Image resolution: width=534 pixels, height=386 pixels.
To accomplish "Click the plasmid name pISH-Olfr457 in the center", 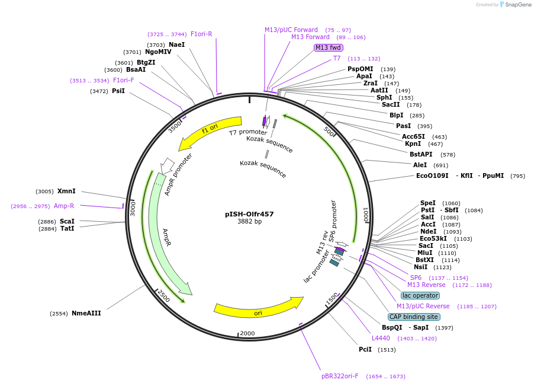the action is [x=249, y=214].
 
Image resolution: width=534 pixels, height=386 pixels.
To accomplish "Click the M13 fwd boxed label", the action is [x=329, y=47].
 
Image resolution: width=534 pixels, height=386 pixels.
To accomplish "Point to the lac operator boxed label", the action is [x=420, y=295].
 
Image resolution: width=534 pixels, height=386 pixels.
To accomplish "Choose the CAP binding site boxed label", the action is [x=414, y=317].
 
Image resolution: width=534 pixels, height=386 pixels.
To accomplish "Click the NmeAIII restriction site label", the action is [x=86, y=313].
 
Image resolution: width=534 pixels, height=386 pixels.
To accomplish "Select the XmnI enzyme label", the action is [x=66, y=191].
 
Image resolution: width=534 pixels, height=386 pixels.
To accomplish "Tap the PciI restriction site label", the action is [x=365, y=349].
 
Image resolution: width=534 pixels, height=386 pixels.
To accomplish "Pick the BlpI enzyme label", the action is [x=397, y=115].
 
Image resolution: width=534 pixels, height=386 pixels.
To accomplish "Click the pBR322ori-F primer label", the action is [x=340, y=376].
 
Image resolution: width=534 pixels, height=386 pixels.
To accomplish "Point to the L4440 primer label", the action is [x=381, y=338].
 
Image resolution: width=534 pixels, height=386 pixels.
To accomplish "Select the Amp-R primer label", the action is [x=64, y=206].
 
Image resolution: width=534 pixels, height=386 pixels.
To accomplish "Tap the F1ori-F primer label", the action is [x=123, y=80].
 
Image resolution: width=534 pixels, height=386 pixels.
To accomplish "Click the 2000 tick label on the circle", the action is [x=247, y=333].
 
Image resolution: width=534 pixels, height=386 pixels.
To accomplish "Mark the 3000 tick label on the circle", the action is [x=133, y=208].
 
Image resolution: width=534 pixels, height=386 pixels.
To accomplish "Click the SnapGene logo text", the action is [x=518, y=4].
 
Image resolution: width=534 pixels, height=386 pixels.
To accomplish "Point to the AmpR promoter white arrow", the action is [x=166, y=165].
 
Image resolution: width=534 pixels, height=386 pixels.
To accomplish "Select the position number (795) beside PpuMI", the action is [x=517, y=176].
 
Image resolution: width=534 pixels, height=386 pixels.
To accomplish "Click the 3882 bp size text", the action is [x=250, y=221].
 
